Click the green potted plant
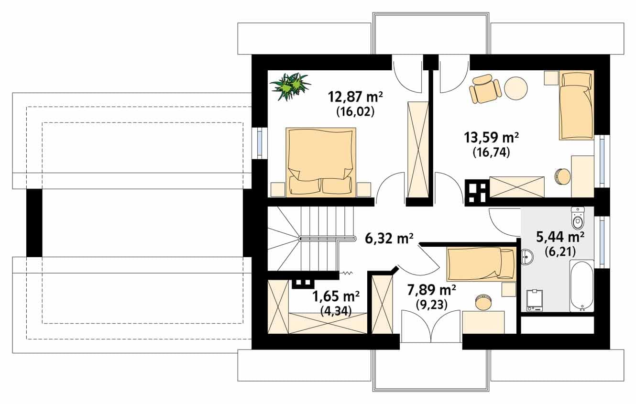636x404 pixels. tap(290, 87)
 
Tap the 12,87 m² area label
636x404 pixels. tap(355, 97)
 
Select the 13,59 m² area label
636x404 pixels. tap(492, 138)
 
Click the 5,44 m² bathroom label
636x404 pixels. tap(560, 237)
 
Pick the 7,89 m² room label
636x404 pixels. tap(431, 290)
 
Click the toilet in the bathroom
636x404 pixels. tap(578, 218)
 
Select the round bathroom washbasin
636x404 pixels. tap(527, 257)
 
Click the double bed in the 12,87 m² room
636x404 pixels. tap(321, 162)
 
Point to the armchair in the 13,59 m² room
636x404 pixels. tap(485, 89)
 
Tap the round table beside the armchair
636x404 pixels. tap(516, 88)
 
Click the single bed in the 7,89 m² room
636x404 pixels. tap(481, 264)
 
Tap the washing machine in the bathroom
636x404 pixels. tap(535, 300)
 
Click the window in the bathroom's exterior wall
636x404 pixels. tap(602, 242)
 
